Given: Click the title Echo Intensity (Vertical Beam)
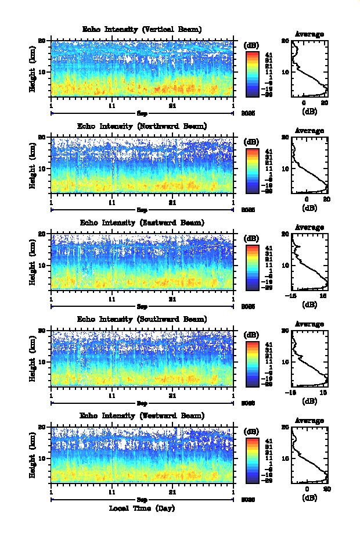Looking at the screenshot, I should [142, 29].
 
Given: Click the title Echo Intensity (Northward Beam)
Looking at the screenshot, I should [142, 126].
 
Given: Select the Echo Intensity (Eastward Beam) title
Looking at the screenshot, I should [142, 223].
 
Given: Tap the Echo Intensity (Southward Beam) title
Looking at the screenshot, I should [142, 319].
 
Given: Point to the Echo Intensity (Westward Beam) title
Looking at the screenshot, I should [142, 415].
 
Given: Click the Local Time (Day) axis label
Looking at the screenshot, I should [142, 508].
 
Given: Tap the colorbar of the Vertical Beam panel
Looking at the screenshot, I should [252, 74].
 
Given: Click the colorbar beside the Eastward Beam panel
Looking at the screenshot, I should [252, 267].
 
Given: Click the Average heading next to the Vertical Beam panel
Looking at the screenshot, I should [309, 34].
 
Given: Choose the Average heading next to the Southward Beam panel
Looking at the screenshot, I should [309, 324].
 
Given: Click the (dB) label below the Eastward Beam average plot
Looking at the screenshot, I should [309, 303].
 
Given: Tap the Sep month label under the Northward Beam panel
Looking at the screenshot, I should [142, 209].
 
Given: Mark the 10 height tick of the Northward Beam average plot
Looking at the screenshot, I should [286, 169].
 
